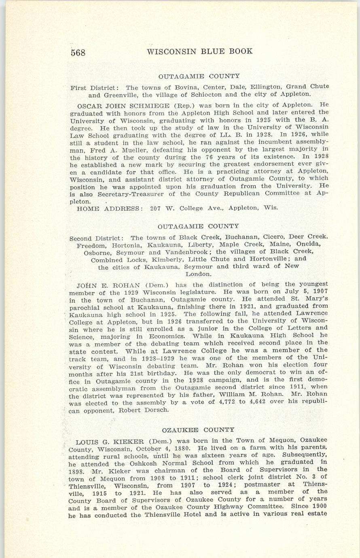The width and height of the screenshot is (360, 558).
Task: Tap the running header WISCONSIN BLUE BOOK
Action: pos(199,51)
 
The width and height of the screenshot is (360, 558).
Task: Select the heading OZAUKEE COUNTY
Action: pos(198,429)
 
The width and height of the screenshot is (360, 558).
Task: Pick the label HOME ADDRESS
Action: pos(108,208)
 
